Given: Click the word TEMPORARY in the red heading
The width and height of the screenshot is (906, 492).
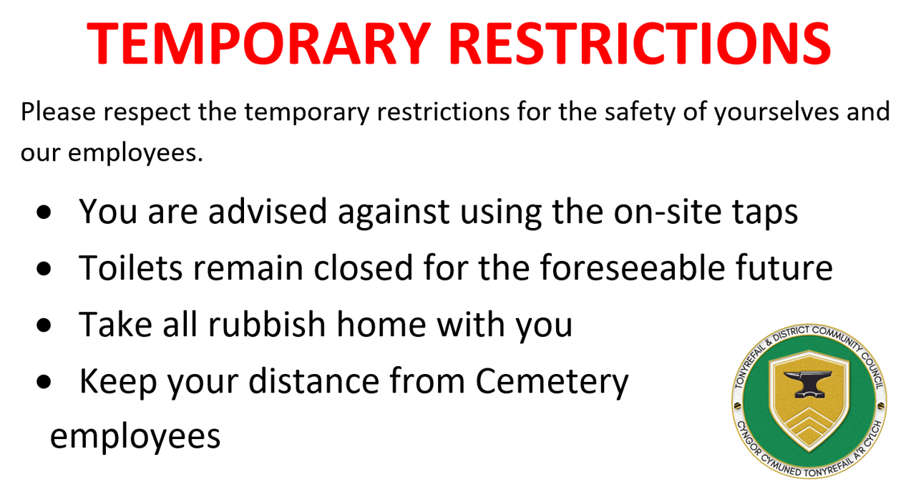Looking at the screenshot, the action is pyautogui.click(x=259, y=44).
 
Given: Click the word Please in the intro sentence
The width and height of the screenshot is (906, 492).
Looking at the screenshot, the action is pyautogui.click(x=58, y=112).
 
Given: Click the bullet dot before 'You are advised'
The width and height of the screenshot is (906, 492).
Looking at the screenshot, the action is pyautogui.click(x=44, y=212).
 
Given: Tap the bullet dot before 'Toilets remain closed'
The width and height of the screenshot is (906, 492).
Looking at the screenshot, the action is pyautogui.click(x=44, y=268).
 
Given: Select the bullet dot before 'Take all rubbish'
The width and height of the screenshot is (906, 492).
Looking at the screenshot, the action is pyautogui.click(x=44, y=325).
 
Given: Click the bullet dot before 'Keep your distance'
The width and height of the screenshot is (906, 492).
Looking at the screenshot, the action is pyautogui.click(x=44, y=382).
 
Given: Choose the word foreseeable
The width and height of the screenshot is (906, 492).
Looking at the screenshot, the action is pyautogui.click(x=633, y=267).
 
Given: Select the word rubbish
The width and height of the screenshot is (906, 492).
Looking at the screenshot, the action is pyautogui.click(x=267, y=324).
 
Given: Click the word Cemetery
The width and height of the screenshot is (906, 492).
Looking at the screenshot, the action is pyautogui.click(x=552, y=382).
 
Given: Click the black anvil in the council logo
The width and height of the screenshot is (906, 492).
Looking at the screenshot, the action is pyautogui.click(x=808, y=383).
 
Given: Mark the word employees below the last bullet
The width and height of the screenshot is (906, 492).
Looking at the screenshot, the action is pyautogui.click(x=135, y=438).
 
